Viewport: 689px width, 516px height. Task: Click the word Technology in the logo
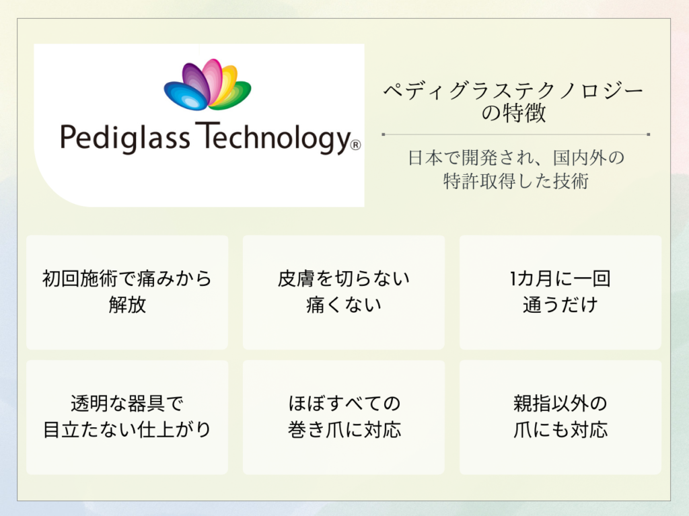tap(273, 138)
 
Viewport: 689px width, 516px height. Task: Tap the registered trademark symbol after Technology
tap(355, 145)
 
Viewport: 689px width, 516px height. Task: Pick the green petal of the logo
tap(233, 95)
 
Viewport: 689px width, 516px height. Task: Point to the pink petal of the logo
tap(211, 79)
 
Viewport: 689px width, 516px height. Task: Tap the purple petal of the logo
tap(196, 81)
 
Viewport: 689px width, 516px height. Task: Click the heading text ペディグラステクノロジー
tap(513, 91)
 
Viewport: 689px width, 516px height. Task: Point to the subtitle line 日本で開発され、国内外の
tap(516, 158)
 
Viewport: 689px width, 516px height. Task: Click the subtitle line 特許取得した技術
tap(516, 181)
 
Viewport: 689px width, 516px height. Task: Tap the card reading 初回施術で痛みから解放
tap(127, 292)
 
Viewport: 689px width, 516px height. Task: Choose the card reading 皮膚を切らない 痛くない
tap(344, 292)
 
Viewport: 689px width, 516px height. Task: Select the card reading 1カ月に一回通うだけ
tap(560, 292)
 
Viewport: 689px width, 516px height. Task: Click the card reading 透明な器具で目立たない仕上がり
tap(127, 417)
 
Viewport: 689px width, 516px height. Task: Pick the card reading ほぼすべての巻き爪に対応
tap(344, 417)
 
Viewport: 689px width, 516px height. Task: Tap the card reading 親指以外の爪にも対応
tap(560, 417)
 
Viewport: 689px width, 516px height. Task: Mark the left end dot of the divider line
tap(383, 135)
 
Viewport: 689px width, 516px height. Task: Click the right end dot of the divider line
tap(649, 135)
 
